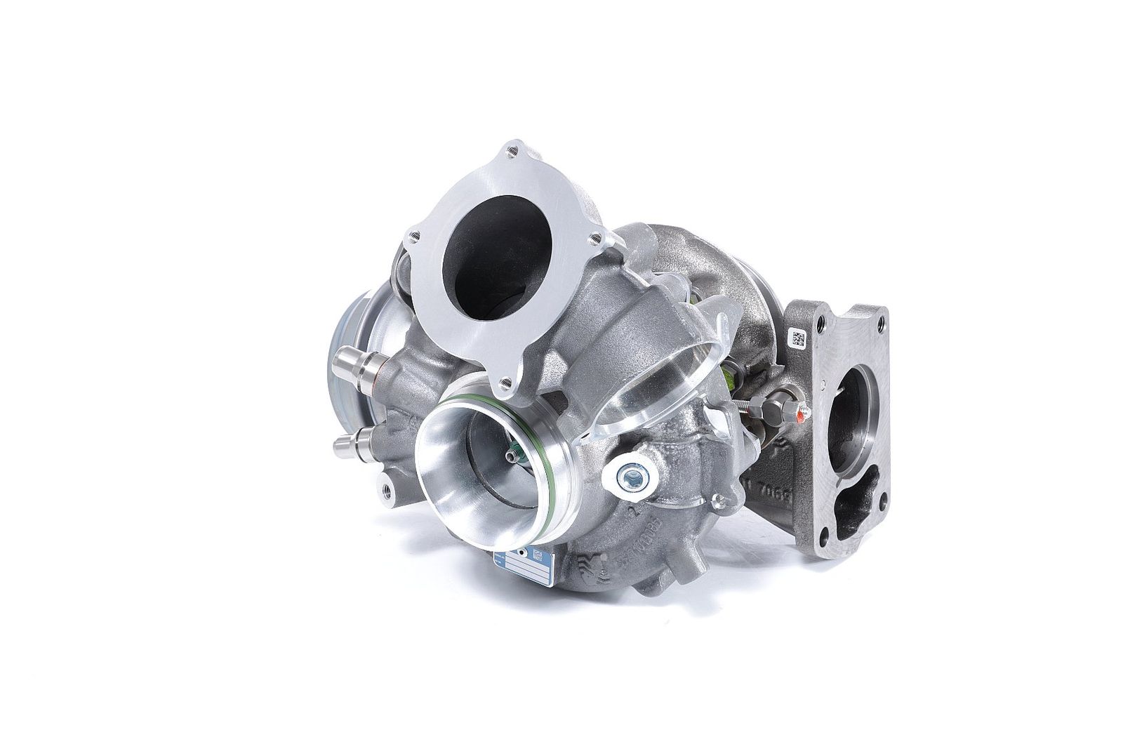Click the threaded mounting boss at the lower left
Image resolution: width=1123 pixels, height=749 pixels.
click(x=385, y=486)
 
